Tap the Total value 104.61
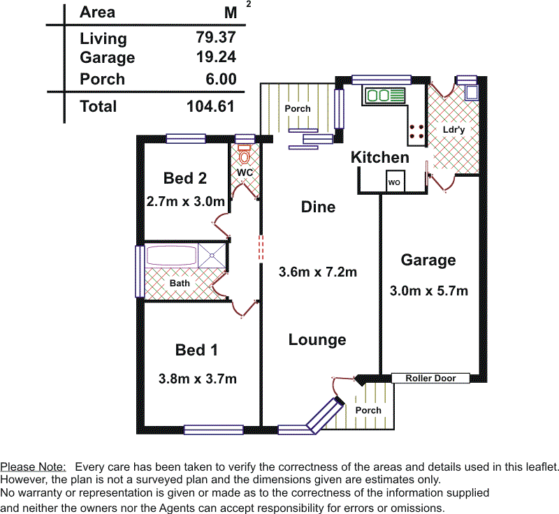coord(210,106)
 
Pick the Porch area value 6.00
coord(220,79)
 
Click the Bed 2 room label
coord(184,178)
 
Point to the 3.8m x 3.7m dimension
coord(198,379)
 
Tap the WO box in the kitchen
coord(394,182)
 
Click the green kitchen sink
coord(383,94)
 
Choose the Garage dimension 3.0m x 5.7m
coord(428,291)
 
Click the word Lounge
coord(317,340)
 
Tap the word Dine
coord(318,207)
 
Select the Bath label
coord(180,284)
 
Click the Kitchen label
coord(379,157)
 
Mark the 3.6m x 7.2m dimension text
coord(317,272)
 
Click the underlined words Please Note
coord(33,467)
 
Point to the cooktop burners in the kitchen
coord(417,131)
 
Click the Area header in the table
coord(97,12)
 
